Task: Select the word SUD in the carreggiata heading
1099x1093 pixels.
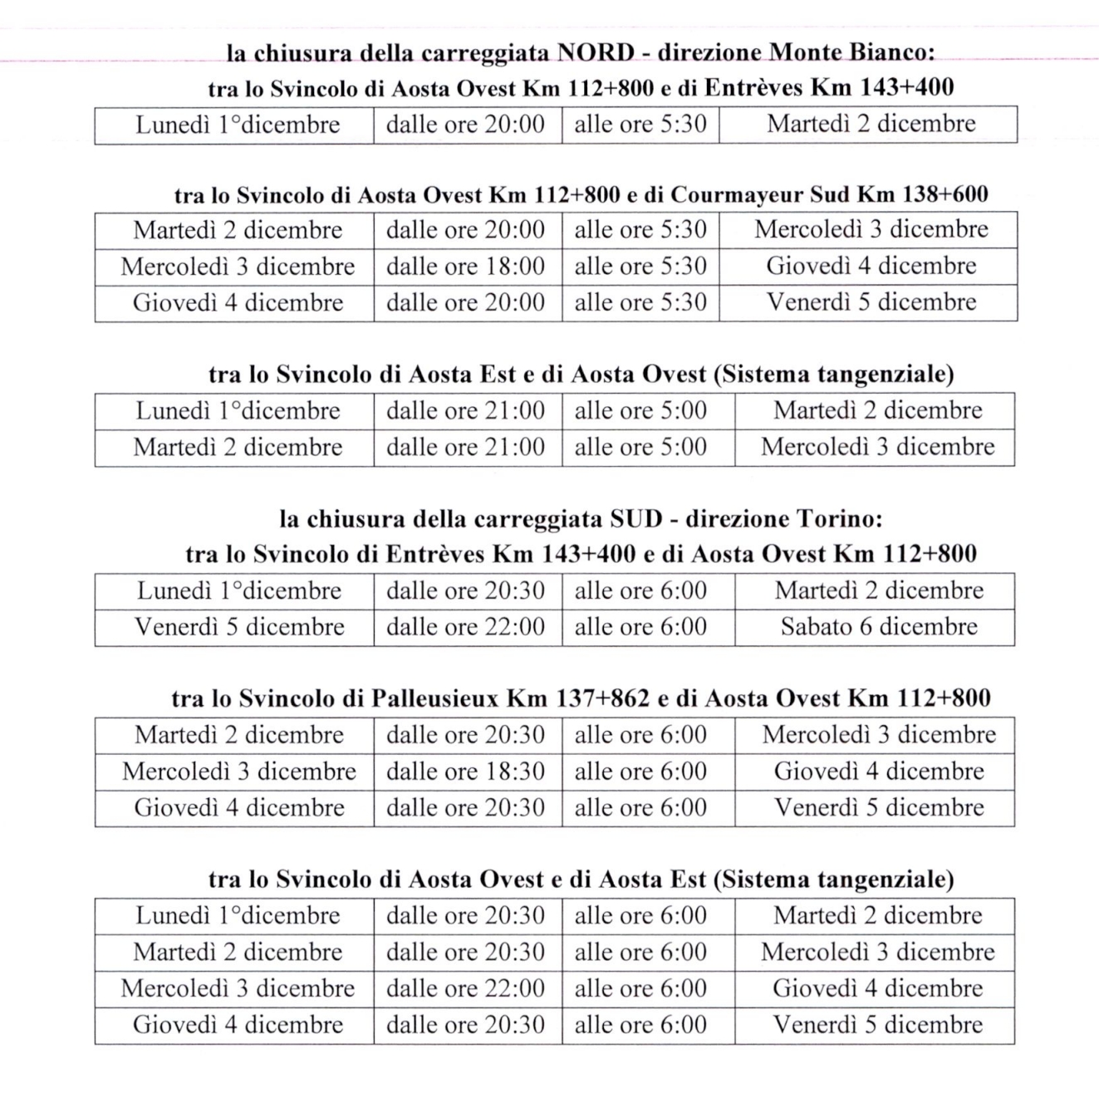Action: [635, 519]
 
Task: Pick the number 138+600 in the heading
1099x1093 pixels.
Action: [944, 194]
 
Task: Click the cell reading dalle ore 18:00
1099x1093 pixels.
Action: [466, 267]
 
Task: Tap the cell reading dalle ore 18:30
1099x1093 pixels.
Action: [466, 772]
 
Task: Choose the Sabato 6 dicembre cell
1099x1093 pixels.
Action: [878, 627]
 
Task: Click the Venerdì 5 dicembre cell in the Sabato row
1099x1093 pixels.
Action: [239, 627]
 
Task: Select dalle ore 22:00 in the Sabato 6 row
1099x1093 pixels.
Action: [466, 627]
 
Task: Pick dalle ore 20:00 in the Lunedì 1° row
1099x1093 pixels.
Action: [466, 125]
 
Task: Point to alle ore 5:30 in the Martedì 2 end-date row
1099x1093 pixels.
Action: [640, 125]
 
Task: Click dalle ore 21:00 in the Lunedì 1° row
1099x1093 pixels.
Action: [466, 411]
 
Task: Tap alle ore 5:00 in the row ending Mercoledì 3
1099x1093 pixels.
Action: [640, 448]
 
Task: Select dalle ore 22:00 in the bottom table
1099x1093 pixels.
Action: [466, 988]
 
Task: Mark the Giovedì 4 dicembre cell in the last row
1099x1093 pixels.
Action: [238, 1025]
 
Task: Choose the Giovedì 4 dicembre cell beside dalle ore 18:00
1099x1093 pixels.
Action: [871, 267]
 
